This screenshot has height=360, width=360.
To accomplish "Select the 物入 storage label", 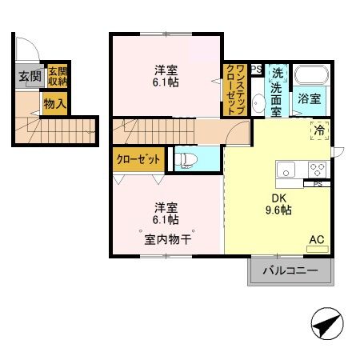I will click(54, 104).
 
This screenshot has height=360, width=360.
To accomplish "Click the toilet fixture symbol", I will click(185, 159).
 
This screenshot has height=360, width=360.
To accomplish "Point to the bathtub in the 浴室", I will click(311, 77).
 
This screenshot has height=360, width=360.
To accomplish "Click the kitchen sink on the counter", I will click(286, 170).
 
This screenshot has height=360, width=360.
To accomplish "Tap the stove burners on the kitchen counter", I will click(317, 170).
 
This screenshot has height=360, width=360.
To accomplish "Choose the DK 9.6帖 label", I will click(278, 205).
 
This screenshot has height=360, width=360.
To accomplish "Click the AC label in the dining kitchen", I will click(317, 239).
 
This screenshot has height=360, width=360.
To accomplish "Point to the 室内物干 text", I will click(166, 238).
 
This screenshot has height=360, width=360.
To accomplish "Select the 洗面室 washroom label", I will click(276, 90).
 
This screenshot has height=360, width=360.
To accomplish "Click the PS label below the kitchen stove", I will click(317, 184).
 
